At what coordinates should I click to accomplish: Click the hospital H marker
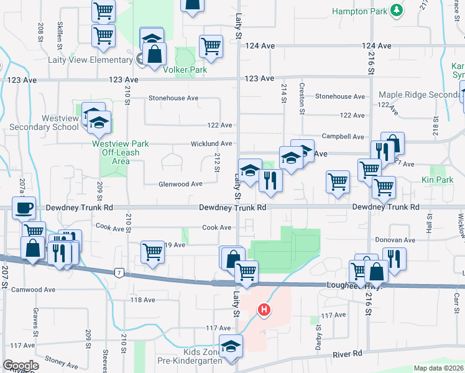[x=264, y=309]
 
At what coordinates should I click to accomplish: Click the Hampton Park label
[x=359, y=11]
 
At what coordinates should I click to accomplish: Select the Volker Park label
[x=185, y=70]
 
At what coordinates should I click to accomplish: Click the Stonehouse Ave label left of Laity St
[x=173, y=98]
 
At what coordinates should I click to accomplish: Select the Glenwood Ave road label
[x=180, y=184]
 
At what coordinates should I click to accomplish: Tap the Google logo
[x=21, y=366]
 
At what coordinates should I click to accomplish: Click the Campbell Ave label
[x=343, y=136]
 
